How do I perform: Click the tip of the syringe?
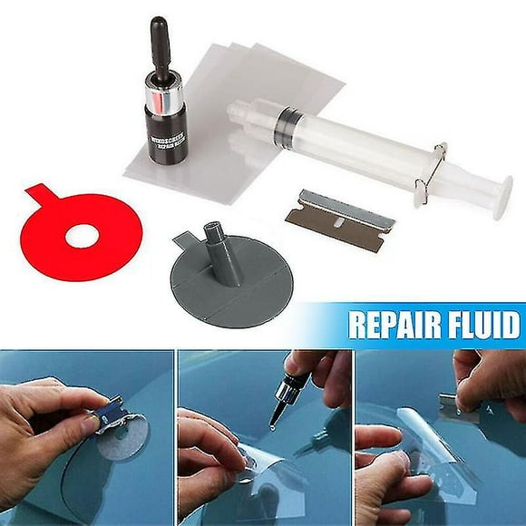[x=238, y=110]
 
